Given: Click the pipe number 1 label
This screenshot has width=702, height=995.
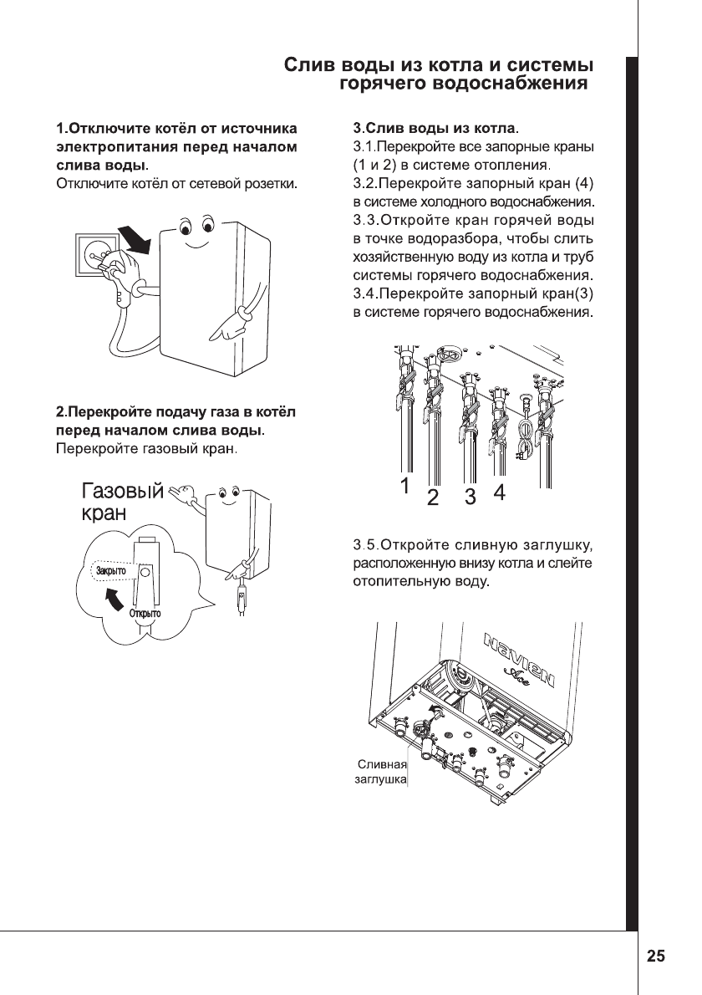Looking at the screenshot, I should click(404, 485).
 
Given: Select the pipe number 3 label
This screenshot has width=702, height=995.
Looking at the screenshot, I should click(471, 497).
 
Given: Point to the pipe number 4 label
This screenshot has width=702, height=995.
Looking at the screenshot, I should click(500, 492).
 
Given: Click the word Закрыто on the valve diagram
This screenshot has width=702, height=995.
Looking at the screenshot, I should click(111, 572).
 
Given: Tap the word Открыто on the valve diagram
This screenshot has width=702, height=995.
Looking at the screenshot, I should click(145, 614).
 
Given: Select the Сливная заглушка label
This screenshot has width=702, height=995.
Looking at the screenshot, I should click(382, 772).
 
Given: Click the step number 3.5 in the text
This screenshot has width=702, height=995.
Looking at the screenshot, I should click(365, 546).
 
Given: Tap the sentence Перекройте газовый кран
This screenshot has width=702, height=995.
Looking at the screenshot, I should click(147, 451).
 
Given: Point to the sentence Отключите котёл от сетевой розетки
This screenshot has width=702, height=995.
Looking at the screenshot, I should click(176, 183).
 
